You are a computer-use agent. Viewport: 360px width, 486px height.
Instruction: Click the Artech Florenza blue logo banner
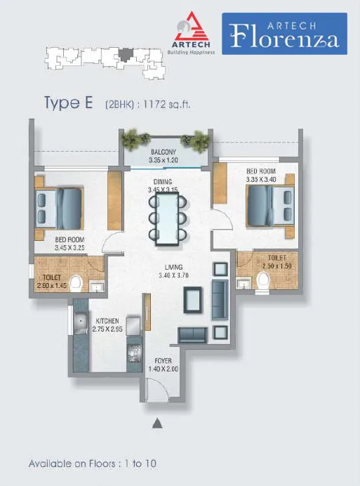pos(284,34)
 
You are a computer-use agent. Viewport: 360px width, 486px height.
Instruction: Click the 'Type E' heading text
pos(69,103)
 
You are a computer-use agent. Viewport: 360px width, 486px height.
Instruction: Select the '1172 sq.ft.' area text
pos(167,104)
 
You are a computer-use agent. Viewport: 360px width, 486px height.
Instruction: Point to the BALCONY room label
pos(164,152)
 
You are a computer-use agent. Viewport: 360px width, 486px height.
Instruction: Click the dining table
pos(167,218)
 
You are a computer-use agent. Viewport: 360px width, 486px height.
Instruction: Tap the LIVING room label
pos(173,267)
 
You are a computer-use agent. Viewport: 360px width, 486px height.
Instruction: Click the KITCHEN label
pos(107,321)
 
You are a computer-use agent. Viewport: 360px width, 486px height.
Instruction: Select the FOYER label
pos(163,361)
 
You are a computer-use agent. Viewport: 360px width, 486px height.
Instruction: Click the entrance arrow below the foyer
pos(157,423)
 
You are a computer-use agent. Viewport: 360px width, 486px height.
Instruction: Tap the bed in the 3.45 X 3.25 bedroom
pos(59,208)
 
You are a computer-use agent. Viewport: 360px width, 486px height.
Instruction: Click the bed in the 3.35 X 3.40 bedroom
pos(270,206)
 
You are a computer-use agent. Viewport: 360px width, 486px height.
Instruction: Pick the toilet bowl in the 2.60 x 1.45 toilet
pos(76,284)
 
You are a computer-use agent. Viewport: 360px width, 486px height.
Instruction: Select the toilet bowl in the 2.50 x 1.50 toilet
pos(263,281)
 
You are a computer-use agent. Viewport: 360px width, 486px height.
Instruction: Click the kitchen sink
pos(81,323)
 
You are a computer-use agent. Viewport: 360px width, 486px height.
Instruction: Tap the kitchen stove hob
pos(134,353)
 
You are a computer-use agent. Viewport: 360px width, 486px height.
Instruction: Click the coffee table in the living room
pos(193,300)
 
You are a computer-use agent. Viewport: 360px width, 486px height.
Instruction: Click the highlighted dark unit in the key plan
pos(126,55)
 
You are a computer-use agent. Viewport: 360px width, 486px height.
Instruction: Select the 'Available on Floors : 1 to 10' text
pos(93,464)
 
